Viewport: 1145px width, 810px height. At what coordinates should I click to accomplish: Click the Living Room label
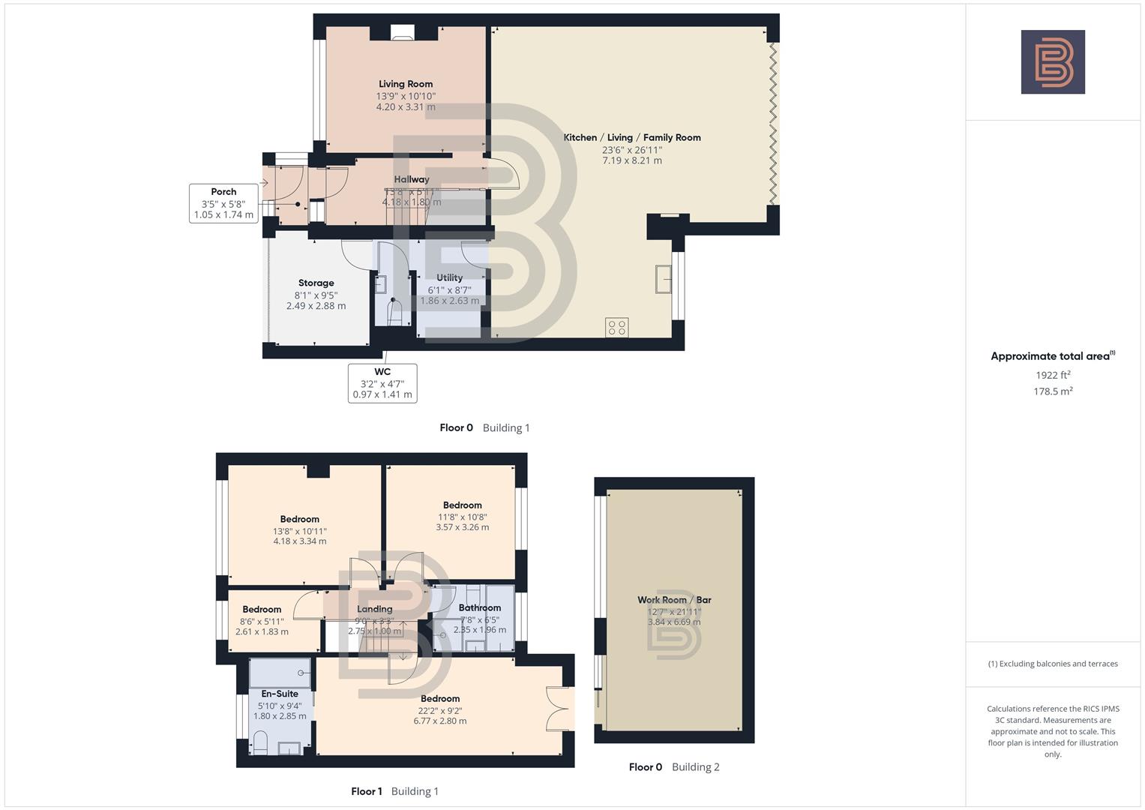[405, 84]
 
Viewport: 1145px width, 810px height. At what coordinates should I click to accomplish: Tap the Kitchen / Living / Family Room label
[631, 137]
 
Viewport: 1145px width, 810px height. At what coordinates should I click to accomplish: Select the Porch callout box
[223, 203]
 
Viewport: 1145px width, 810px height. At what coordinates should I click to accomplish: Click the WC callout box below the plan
[382, 382]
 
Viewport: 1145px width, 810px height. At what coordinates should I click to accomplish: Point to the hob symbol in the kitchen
[616, 328]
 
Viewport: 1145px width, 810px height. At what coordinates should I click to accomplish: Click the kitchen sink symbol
[663, 279]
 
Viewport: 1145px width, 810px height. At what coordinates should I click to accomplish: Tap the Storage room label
[316, 283]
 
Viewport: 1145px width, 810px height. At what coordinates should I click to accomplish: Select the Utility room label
[449, 277]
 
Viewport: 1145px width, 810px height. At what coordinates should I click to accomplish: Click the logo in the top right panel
[1052, 61]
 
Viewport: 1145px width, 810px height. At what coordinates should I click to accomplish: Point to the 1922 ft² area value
[1052, 375]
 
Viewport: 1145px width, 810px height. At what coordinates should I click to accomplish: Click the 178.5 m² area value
[1052, 391]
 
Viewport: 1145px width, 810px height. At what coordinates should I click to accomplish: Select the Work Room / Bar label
[673, 599]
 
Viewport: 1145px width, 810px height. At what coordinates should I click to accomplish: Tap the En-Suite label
[280, 694]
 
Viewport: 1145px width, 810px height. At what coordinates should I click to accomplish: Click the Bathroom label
[479, 607]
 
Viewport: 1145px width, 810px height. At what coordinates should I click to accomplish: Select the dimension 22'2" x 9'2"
[439, 710]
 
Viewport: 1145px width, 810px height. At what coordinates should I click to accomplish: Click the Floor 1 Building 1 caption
[394, 791]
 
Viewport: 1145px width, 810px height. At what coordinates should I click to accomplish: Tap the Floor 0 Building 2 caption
[673, 766]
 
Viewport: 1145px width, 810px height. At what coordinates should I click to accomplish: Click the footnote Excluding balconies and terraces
[1052, 664]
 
